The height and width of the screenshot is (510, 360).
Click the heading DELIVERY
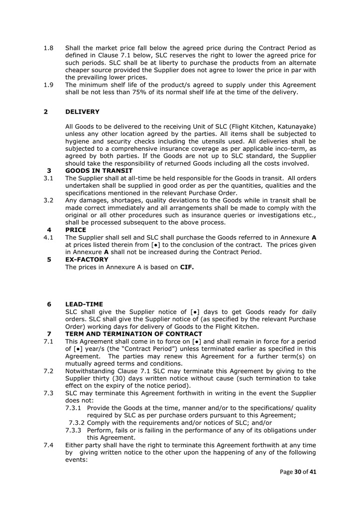point(82,112)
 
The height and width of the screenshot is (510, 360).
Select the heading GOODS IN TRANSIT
point(99,171)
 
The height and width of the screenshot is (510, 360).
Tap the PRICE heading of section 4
point(76,230)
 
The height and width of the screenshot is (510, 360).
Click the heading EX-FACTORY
point(87,259)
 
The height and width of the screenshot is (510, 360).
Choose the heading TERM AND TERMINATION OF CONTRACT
point(133,334)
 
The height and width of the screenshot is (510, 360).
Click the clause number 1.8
point(48,48)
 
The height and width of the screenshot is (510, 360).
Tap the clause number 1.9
point(48,85)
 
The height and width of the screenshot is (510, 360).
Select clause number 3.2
point(48,200)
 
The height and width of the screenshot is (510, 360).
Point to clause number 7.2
point(48,371)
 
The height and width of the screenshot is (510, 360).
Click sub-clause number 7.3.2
point(77,423)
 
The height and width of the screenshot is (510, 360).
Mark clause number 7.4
point(48,445)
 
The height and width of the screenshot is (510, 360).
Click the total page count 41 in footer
point(313,472)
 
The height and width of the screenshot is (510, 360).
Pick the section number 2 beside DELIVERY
point(46,112)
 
